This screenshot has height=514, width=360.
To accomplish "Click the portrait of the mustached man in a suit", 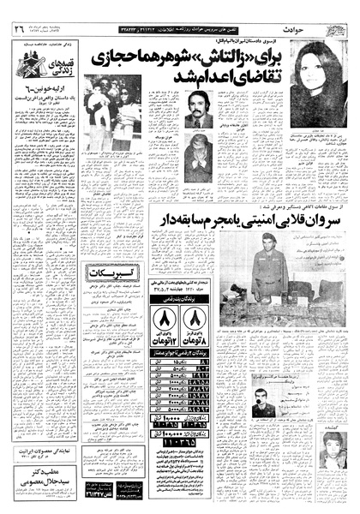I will coord(198,110).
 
